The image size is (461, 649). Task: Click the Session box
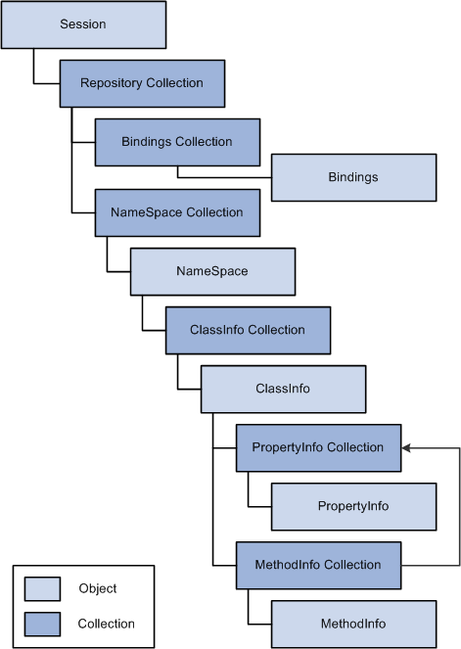point(83,24)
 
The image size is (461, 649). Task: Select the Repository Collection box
point(142,83)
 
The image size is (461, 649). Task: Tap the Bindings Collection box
point(177,142)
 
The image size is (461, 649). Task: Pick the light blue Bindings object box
point(353,177)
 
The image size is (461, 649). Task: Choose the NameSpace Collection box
point(177,212)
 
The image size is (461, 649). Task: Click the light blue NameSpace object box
point(212,271)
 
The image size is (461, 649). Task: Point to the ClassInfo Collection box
point(249,330)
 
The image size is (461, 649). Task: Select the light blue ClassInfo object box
point(284,389)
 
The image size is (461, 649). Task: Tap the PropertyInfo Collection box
point(319,448)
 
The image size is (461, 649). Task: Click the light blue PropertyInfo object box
point(353,507)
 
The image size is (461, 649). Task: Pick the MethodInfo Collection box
point(319,566)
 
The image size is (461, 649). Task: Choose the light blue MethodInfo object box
point(353,625)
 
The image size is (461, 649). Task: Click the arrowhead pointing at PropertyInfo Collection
point(406,448)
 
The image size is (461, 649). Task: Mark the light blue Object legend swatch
point(42,589)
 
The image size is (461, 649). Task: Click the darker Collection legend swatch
point(42,625)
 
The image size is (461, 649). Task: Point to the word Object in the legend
point(98,588)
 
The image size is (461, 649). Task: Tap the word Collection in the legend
point(107,624)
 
